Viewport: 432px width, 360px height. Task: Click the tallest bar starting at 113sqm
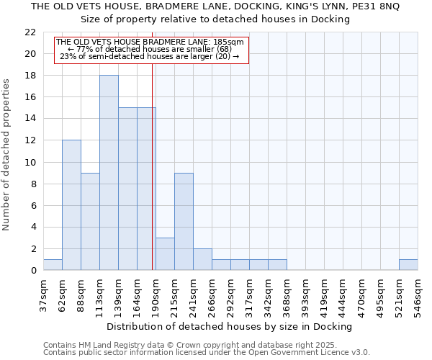pyautogui.click(x=109, y=173)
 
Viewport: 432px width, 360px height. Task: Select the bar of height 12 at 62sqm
pyautogui.click(x=71, y=205)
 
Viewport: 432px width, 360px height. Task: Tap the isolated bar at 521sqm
pyautogui.click(x=408, y=265)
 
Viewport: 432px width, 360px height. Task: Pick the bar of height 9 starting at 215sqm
pyautogui.click(x=184, y=222)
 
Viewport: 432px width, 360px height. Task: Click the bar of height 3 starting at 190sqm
pyautogui.click(x=165, y=254)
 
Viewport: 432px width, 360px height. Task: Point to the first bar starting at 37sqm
pyautogui.click(x=53, y=265)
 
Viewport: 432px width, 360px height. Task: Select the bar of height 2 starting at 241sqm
pyautogui.click(x=202, y=259)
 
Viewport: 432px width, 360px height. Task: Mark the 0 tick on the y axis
pyautogui.click(x=33, y=271)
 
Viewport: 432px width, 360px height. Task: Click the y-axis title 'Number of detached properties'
pyautogui.click(x=7, y=155)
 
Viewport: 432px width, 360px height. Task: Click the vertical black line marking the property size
pyautogui.click(x=153, y=166)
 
